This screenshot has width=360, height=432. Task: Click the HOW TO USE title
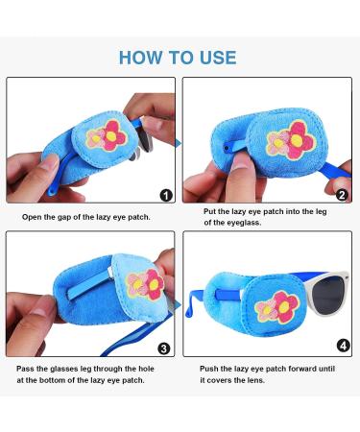coord(180,57)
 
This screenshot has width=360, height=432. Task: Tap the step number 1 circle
coord(164,195)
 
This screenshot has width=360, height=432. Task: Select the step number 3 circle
coord(164,348)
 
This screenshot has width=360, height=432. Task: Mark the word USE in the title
coord(217,57)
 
